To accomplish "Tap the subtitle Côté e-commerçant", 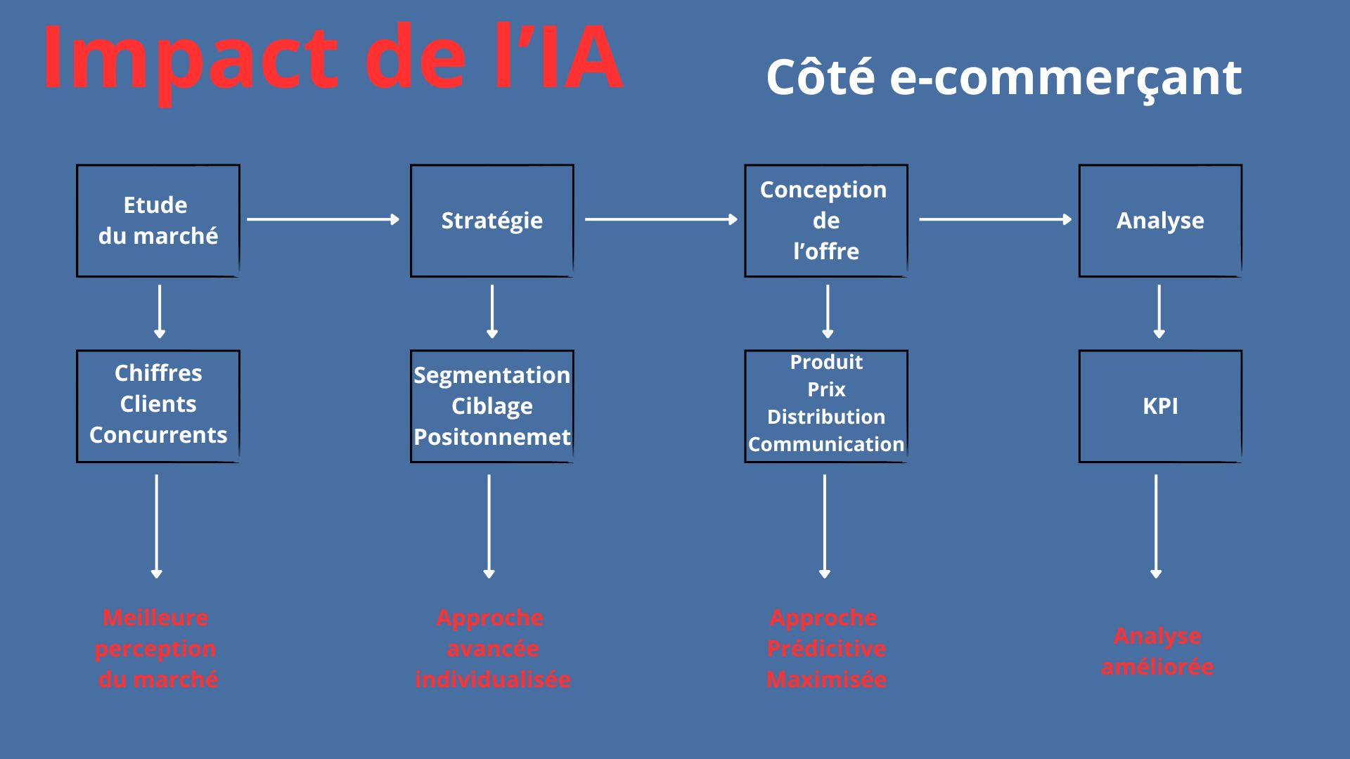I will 1003,77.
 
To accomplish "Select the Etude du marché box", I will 158,221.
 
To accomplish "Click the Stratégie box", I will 492,221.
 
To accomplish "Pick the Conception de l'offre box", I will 826,221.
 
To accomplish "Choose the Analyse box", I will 1160,221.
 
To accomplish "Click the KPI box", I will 1160,406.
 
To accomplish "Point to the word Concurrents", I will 158,435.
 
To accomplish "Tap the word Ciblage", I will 492,406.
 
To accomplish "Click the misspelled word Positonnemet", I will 492,437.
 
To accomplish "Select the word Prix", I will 826,389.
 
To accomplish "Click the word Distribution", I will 826,417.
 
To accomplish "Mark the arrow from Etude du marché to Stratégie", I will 323,220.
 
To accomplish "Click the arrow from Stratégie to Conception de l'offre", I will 661,220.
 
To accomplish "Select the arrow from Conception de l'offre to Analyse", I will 995,220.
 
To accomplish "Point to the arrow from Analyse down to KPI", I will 1159,311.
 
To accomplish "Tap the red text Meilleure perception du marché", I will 157,649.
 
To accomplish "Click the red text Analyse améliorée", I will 1157,651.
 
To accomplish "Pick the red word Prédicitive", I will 826,649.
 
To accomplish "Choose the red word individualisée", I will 492,680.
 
